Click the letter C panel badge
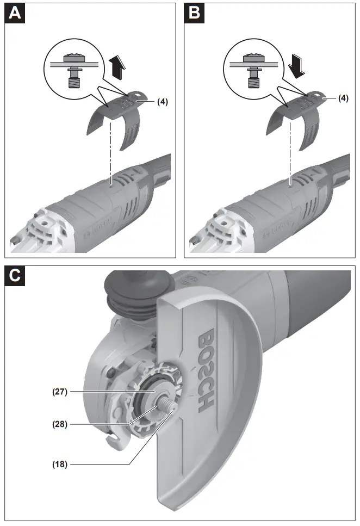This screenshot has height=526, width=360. tap(15, 276)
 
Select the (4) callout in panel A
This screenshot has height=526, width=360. tap(162, 101)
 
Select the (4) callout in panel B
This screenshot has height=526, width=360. tap(342, 98)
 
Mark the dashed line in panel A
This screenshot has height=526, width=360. tap(111, 152)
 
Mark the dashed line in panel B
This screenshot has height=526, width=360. tap(290, 152)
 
